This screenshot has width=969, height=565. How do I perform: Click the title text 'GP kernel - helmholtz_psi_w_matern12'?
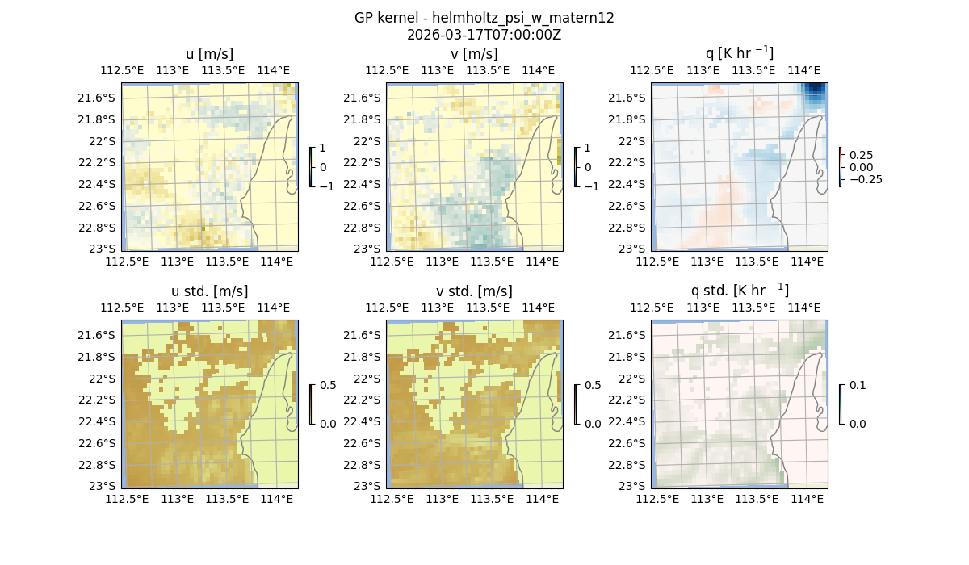pos(484,18)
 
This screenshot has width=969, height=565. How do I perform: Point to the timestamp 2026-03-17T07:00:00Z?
pos(484,35)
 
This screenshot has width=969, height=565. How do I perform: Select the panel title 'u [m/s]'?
pos(209,54)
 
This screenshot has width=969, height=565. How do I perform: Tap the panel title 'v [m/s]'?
pos(474,54)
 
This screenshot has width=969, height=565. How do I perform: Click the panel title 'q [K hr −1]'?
pos(739,53)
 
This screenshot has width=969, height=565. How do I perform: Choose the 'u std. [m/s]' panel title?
pos(209,291)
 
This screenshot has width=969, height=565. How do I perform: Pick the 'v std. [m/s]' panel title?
pos(474,291)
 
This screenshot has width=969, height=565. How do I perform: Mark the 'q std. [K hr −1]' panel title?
pos(739,291)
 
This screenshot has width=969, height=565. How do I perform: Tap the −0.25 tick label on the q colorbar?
pos(862,179)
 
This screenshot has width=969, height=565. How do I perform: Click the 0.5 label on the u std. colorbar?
pos(328,386)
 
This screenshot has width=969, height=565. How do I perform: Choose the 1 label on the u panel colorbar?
pos(323,149)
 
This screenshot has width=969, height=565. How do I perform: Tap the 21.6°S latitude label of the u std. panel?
pos(101,335)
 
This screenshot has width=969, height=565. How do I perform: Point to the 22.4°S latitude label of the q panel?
pos(631,184)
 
